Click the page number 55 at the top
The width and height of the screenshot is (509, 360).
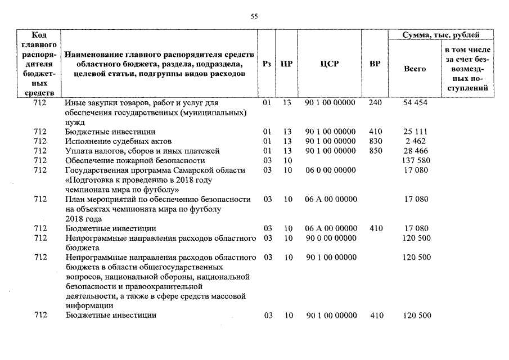click(254, 17)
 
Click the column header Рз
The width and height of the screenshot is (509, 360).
click(268, 64)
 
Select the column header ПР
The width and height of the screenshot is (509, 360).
click(286, 64)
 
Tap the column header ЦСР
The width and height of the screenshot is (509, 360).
click(330, 64)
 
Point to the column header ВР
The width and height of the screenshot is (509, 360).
click(375, 64)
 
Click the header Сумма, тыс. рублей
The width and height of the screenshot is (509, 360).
click(440, 35)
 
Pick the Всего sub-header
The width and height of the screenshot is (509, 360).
click(415, 69)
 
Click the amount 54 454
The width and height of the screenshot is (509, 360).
click(416, 103)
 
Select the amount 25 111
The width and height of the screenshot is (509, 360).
click(416, 132)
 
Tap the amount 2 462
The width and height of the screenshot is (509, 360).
click(416, 141)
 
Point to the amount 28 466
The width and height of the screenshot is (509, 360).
click(416, 151)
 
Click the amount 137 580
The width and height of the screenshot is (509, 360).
click(416, 160)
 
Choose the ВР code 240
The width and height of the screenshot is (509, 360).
click(375, 103)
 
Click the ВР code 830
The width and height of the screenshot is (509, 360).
click(375, 141)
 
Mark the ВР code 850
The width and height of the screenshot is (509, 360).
click(375, 151)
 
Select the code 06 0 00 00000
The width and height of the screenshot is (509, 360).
click(330, 170)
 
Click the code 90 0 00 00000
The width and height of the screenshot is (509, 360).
click(330, 238)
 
